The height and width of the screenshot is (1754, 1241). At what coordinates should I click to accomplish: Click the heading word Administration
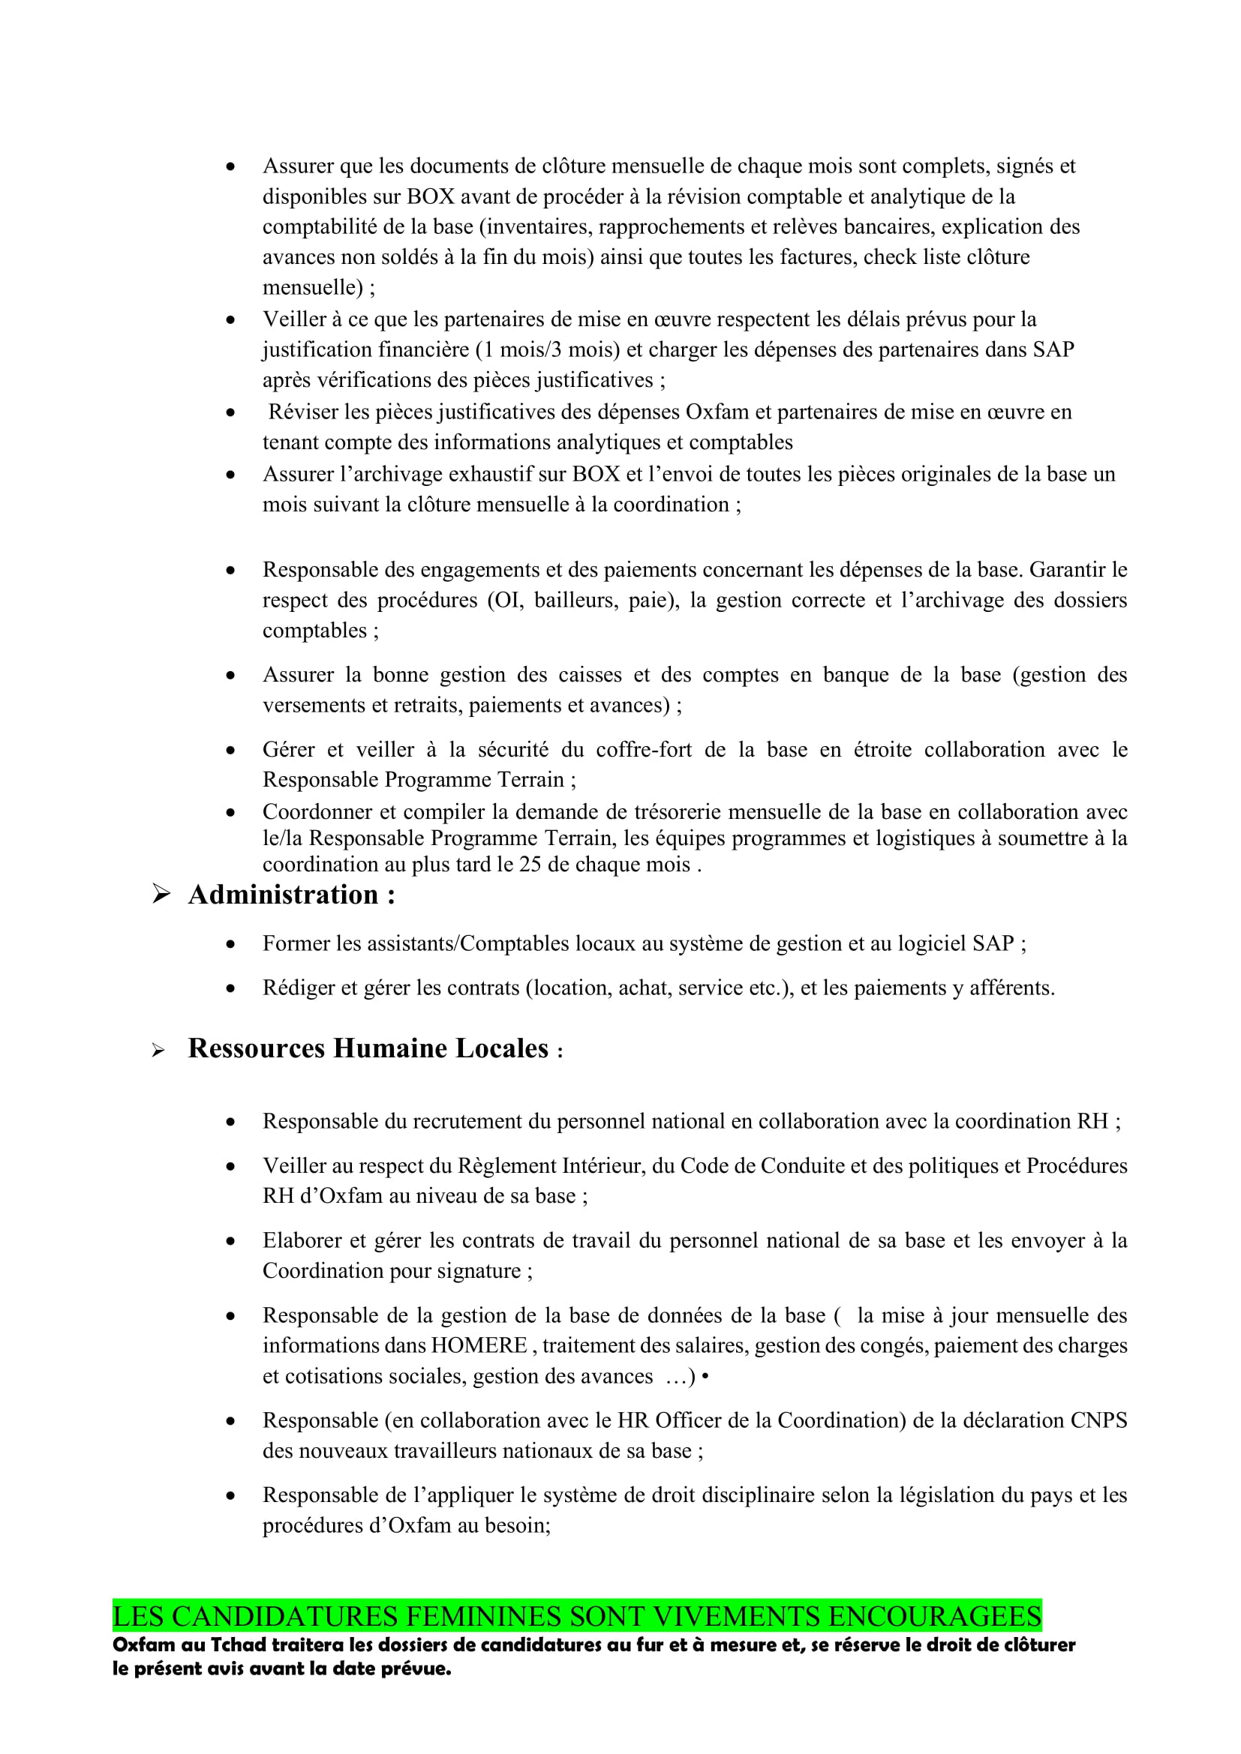click(283, 895)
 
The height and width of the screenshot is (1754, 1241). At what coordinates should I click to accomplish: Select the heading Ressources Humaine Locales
click(368, 1048)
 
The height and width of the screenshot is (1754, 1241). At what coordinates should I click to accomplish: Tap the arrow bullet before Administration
click(161, 893)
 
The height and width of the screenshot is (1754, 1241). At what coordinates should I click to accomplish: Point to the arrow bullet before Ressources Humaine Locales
click(158, 1051)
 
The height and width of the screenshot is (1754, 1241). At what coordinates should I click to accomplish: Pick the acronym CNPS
click(1098, 1420)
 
